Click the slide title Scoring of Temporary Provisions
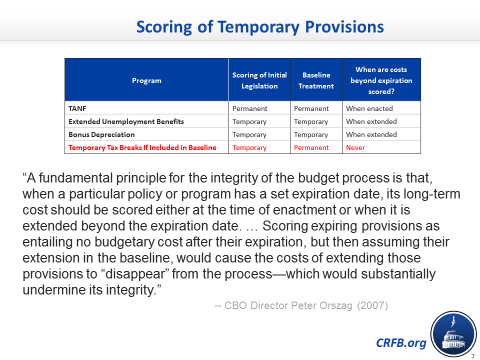point(260,27)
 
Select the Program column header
point(146,80)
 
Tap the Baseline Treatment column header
point(316,80)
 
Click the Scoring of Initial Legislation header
point(259,80)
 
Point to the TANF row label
point(77,108)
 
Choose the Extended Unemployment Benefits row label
point(126,121)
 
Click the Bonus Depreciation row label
point(101,134)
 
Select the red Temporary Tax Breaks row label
point(142,147)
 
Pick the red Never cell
point(355,147)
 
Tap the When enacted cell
point(369,108)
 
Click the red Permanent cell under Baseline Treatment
point(311,147)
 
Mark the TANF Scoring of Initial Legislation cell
point(250,108)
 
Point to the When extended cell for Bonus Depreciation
point(371,134)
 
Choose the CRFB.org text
point(401,343)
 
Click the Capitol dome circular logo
point(453,334)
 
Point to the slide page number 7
point(473,356)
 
